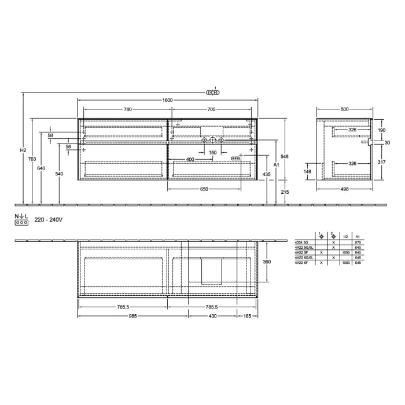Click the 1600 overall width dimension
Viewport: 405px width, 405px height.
[x=168, y=100]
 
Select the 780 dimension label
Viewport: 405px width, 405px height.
[x=127, y=109]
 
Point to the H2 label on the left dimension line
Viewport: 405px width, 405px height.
[x=23, y=150]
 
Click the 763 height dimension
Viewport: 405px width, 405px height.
[x=32, y=159]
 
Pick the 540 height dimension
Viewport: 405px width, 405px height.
[x=59, y=174]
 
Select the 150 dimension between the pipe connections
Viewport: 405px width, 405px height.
[x=212, y=152]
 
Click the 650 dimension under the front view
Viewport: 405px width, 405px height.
[x=205, y=189]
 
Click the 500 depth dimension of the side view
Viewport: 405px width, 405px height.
[x=344, y=109]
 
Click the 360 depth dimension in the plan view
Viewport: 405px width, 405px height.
[x=267, y=262]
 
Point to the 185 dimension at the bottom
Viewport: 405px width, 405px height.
[x=248, y=316]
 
